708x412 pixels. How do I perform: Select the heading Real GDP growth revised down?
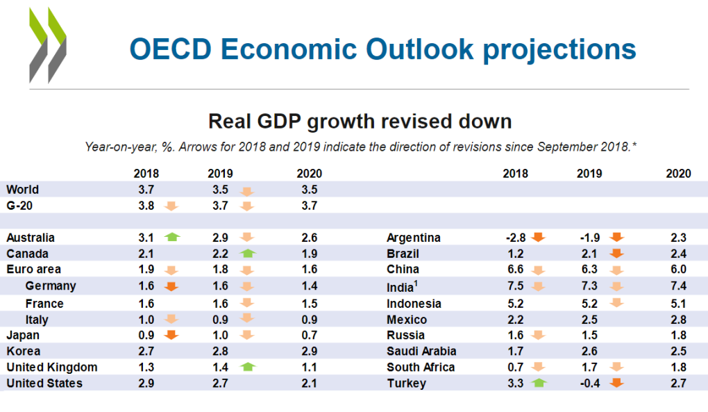click(360, 122)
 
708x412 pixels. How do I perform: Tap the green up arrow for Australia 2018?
click(172, 238)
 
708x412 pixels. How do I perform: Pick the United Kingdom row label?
click(51, 367)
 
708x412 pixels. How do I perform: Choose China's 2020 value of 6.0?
click(679, 270)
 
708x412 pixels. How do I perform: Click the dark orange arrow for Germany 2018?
click(172, 286)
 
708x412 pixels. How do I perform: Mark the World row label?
click(22, 189)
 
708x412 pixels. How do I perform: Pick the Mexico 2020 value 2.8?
click(679, 320)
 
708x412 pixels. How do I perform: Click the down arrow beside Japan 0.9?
click(172, 335)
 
